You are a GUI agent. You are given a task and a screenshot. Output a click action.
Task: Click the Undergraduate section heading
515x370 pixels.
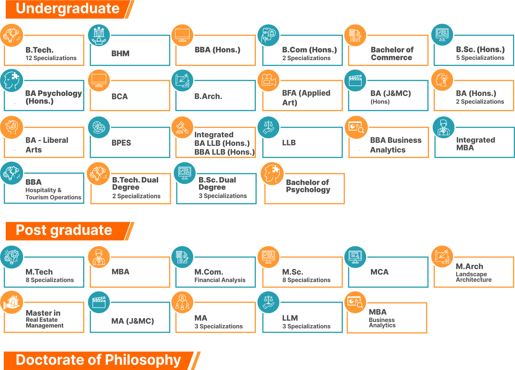point(68,9)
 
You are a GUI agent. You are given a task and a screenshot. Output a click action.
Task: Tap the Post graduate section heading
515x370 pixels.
point(64,230)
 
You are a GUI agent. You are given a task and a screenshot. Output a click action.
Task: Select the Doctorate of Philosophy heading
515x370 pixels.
point(98,360)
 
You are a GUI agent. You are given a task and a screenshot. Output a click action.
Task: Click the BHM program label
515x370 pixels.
point(120,53)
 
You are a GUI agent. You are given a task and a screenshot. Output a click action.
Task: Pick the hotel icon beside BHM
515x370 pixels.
point(99,35)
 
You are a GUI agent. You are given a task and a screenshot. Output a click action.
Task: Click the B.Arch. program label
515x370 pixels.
point(208,96)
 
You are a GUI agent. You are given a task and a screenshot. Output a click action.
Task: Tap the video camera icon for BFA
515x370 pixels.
point(269,80)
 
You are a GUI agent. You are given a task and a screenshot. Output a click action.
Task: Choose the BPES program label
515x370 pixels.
point(121,143)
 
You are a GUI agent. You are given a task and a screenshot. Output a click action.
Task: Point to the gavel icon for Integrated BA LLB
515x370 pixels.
point(182,127)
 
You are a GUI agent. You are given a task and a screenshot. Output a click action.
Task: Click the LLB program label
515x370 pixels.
point(289,143)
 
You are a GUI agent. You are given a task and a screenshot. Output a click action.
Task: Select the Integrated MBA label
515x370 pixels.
point(475,144)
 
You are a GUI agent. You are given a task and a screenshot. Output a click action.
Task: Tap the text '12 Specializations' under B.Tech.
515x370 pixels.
point(51,58)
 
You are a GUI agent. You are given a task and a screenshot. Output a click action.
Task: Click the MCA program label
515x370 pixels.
point(379,272)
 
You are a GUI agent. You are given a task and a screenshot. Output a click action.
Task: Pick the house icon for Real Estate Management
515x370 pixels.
point(12,302)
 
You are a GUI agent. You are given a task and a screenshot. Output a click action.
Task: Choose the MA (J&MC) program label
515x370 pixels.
point(132,321)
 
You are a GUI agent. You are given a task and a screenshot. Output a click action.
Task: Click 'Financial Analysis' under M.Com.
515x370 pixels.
point(220,280)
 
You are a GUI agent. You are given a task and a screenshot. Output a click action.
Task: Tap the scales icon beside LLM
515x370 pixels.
point(269,302)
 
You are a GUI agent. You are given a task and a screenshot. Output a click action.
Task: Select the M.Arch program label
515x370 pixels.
point(469,266)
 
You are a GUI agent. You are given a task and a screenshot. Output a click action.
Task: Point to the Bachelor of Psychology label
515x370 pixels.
point(308,186)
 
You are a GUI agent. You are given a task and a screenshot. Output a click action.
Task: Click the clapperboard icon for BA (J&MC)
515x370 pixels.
point(355,80)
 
